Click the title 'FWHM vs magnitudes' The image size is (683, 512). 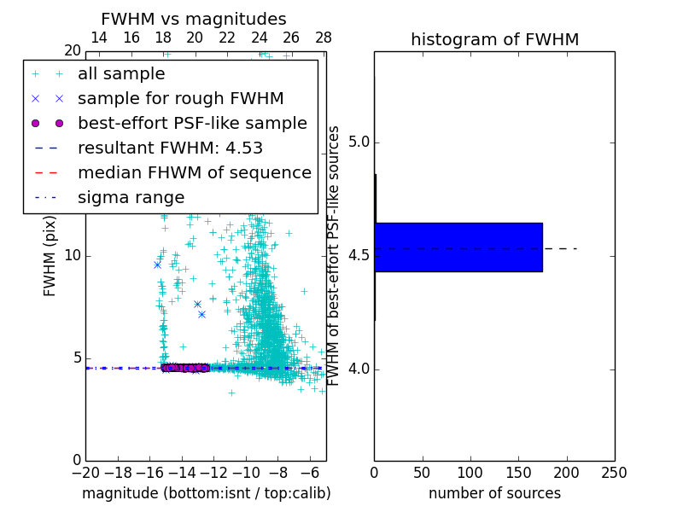point(193,20)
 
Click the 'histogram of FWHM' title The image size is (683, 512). point(494,39)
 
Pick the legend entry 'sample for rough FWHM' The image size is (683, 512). point(180,98)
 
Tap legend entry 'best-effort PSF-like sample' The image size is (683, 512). point(192,123)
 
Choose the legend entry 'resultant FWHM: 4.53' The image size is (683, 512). point(174,148)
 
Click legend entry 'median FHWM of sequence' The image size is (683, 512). point(194,172)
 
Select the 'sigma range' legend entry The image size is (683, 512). point(131,197)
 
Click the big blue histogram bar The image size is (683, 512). point(458,247)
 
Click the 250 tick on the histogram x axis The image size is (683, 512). point(614,472)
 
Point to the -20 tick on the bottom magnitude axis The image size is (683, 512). point(85,472)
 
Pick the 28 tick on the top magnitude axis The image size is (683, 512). point(324,38)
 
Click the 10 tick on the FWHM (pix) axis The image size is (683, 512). point(73,256)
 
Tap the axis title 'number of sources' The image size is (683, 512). point(494,493)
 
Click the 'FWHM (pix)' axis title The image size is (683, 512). point(50,256)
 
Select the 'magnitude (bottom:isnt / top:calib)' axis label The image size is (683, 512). point(206,493)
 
